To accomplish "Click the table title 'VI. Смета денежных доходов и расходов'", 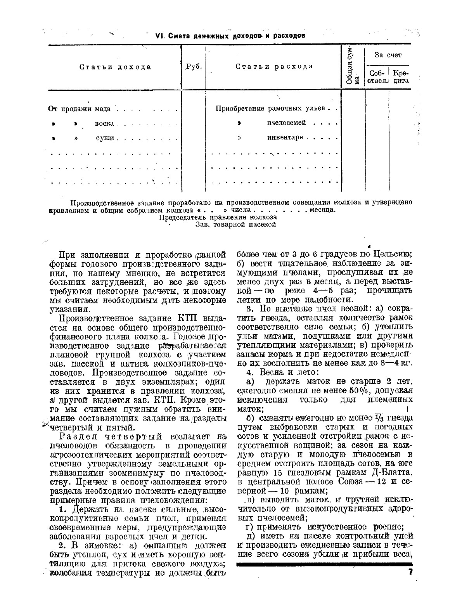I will (x=230, y=36).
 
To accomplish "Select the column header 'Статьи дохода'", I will (x=115, y=67).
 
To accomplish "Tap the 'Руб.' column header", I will (x=194, y=66).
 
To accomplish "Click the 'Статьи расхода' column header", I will (x=274, y=66).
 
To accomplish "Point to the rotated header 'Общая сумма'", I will (x=352, y=66).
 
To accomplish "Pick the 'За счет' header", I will (x=388, y=55).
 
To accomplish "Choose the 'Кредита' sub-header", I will (x=400, y=77).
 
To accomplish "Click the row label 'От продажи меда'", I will (x=80, y=109).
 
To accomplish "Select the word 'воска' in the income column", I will (x=104, y=124).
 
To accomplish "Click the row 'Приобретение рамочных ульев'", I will (x=270, y=108).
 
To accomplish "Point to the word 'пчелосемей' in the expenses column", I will (x=286, y=123).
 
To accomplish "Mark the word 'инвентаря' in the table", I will (x=285, y=137).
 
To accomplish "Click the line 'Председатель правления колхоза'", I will (x=218, y=217).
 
